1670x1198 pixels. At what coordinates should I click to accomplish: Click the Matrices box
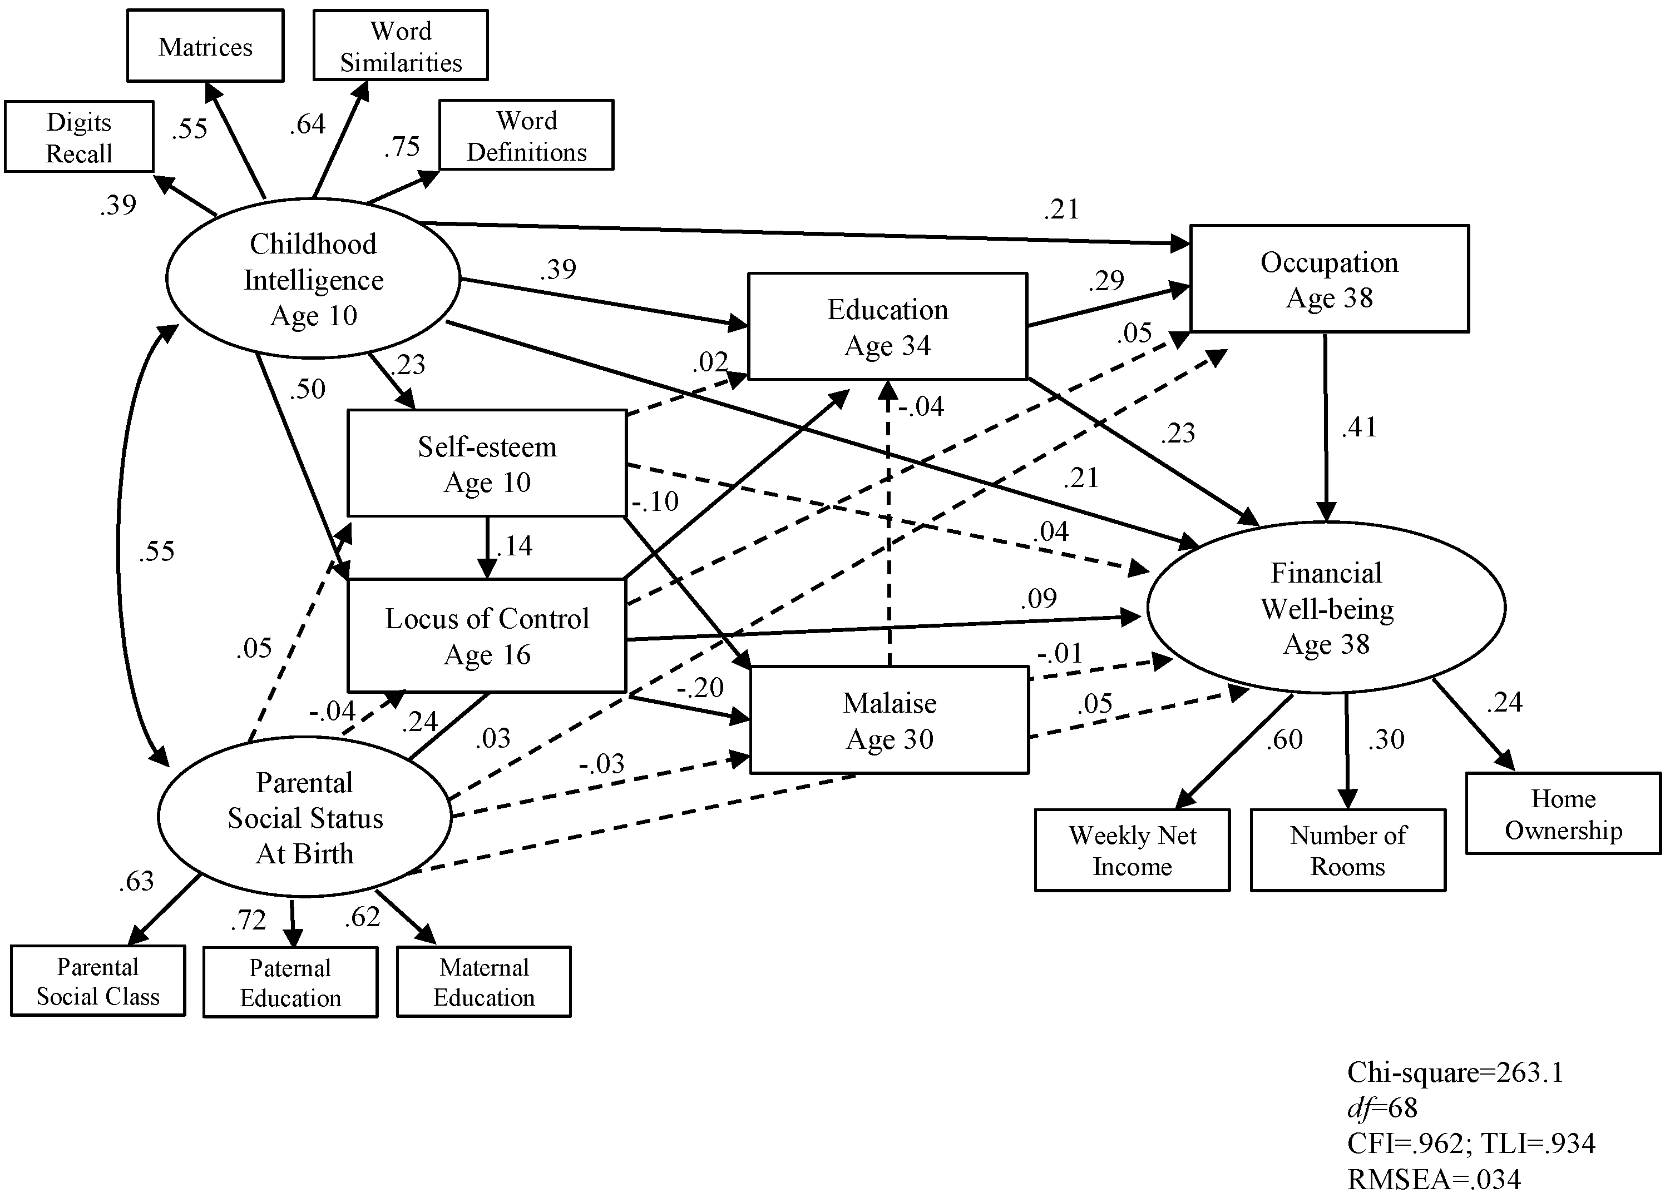[x=205, y=46]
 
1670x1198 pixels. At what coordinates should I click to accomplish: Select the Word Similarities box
[x=401, y=45]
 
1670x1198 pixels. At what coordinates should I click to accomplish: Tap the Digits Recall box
[x=80, y=137]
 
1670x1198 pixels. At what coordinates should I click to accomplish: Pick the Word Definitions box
[x=526, y=136]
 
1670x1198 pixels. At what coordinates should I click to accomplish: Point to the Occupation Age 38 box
[x=1329, y=279]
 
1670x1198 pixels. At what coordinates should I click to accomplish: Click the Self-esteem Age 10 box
[x=487, y=464]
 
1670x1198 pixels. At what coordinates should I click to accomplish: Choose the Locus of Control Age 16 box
[x=487, y=636]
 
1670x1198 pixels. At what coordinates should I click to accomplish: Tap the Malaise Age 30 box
[x=890, y=720]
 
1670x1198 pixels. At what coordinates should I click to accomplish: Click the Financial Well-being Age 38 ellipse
[x=1326, y=608]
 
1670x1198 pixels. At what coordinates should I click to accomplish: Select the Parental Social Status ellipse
[x=304, y=818]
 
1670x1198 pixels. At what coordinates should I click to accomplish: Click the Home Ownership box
[x=1563, y=814]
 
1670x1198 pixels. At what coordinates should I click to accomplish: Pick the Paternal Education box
[x=290, y=982]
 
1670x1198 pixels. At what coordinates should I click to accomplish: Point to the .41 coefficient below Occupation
[x=1359, y=427]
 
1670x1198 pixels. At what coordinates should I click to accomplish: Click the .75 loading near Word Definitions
[x=402, y=146]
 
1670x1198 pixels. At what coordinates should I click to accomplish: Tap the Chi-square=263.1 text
[x=1455, y=1072]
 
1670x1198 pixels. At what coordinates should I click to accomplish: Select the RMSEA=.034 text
[x=1434, y=1180]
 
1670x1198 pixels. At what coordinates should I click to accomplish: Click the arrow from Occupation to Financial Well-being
[x=1326, y=428]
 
